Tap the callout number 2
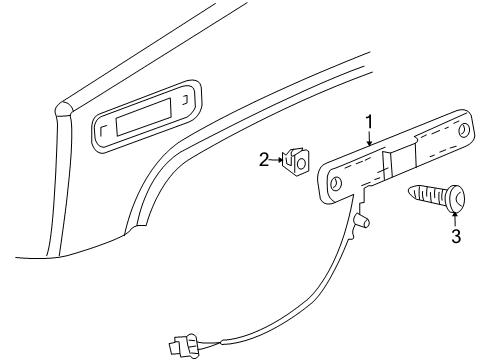coord(264,158)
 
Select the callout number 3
coord(455,236)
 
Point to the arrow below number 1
coord(369,139)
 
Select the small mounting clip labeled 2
coord(294,160)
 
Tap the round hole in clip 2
coord(298,159)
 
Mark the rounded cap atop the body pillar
coord(64,106)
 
